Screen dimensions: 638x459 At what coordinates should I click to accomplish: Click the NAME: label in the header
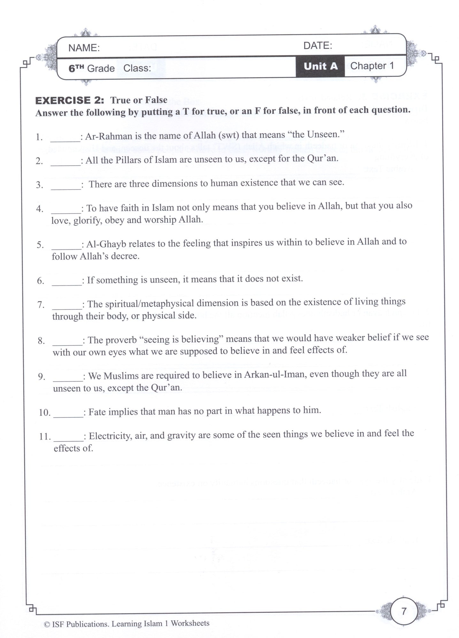[84, 48]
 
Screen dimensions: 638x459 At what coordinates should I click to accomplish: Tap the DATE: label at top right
[317, 46]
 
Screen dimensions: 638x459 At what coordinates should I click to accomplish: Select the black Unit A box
[320, 66]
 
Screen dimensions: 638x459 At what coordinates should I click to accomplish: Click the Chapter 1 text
[372, 66]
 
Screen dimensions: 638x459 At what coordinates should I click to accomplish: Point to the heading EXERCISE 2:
[70, 100]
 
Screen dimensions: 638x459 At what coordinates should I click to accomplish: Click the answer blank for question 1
[65, 137]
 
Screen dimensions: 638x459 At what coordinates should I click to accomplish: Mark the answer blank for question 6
[67, 281]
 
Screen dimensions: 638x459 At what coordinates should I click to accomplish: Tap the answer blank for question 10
[68, 413]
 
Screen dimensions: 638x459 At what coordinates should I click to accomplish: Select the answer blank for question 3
[66, 185]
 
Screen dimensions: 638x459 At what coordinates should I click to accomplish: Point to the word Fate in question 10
[97, 412]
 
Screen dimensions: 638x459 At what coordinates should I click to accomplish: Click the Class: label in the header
[137, 68]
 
